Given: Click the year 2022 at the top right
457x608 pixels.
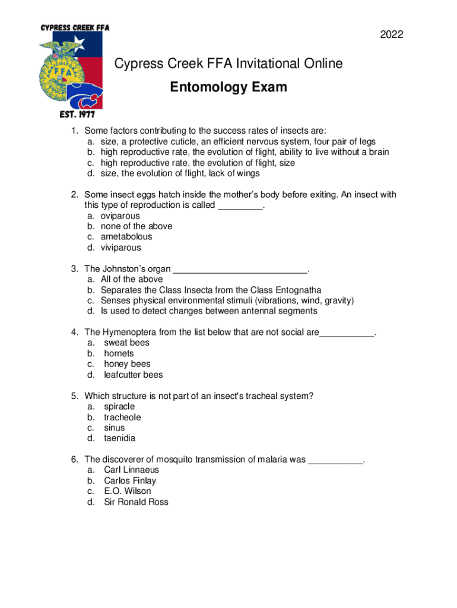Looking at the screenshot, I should pos(392,35).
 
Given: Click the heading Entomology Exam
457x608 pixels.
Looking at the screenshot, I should pos(228,88).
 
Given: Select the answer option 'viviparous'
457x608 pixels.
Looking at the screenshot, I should pos(120,248).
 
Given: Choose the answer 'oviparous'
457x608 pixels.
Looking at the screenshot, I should pos(120,216).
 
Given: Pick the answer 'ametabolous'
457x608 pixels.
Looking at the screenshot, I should pos(126,237).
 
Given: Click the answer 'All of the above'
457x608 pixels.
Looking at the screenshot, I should pos(132,279).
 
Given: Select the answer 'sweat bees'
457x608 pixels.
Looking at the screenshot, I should pos(126,343).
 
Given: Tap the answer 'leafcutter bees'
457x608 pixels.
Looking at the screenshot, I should pos(133,375).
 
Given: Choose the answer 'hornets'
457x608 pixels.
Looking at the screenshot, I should pos(119,353).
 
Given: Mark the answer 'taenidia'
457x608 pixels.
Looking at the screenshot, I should pos(119,438).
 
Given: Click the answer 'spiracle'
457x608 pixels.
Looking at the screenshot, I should pos(119,407).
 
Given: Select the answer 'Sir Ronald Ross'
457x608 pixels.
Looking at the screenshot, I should pos(136,502).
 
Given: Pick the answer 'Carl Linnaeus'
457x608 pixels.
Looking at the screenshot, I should pos(131,470).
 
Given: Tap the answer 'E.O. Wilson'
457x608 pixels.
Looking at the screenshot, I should pos(127,491).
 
